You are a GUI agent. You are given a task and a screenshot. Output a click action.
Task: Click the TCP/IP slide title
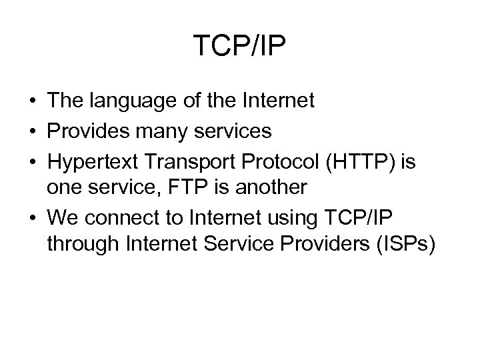point(240,46)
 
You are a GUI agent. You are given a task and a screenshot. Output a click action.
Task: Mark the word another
point(267,188)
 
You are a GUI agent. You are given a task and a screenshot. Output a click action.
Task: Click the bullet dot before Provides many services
point(32,133)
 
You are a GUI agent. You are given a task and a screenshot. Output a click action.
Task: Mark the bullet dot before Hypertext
point(32,161)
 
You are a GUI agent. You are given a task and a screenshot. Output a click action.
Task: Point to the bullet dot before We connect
point(32,217)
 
